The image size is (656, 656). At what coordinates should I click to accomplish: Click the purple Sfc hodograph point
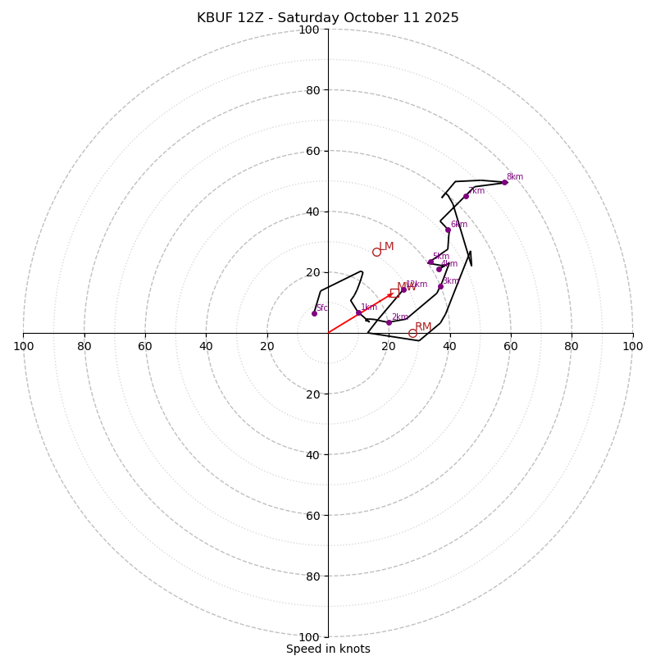click(314, 313)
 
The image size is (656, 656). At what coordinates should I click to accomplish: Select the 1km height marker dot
click(358, 312)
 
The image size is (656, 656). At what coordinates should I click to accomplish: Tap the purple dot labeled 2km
click(389, 322)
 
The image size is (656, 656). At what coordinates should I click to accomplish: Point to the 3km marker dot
click(440, 286)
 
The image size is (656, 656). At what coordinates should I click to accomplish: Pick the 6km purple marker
click(448, 230)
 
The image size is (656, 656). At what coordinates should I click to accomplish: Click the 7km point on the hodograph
click(466, 196)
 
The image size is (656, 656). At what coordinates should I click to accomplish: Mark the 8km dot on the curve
click(504, 182)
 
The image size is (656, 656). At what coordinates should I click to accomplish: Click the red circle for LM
click(376, 252)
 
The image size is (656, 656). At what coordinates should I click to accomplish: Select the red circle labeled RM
click(412, 333)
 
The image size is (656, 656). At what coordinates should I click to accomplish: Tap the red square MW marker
click(394, 293)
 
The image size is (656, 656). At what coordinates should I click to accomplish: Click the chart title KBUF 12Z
click(328, 18)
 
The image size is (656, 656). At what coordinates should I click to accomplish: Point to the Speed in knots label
click(328, 649)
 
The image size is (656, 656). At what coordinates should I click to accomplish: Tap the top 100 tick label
click(309, 30)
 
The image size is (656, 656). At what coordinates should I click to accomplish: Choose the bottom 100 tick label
click(309, 637)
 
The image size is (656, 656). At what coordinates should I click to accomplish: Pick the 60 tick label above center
click(312, 151)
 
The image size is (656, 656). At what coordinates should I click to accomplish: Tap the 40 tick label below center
click(312, 454)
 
